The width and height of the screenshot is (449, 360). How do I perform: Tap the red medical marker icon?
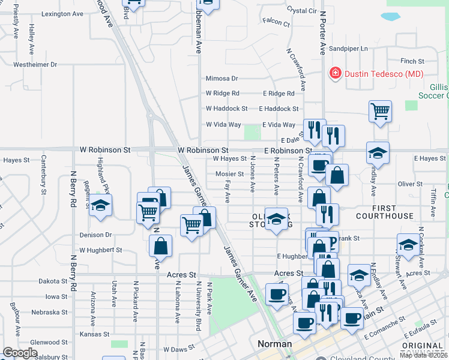click(x=335, y=74)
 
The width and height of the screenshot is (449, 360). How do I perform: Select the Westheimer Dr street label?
click(x=35, y=64)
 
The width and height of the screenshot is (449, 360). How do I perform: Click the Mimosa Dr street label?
click(x=222, y=78)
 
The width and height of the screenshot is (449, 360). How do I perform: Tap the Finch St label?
click(x=412, y=61)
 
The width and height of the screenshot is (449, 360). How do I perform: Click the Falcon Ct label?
click(x=277, y=24)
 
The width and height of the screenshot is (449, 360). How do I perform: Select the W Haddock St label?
click(x=227, y=109)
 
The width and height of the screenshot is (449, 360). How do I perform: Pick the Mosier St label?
click(x=230, y=174)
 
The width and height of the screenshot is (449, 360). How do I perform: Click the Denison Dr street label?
click(x=96, y=235)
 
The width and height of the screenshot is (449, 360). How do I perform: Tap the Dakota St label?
click(x=53, y=281)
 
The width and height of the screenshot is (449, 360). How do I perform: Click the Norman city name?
click(x=274, y=344)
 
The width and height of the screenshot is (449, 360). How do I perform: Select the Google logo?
click(x=20, y=353)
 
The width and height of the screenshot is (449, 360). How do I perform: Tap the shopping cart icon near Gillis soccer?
click(x=380, y=111)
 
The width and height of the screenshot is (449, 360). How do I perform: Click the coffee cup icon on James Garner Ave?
click(x=277, y=294)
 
